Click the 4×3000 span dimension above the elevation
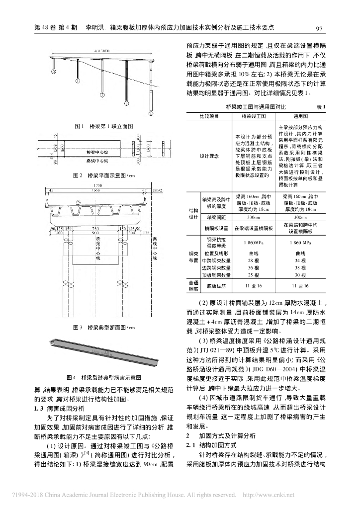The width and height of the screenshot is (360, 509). click(101, 51)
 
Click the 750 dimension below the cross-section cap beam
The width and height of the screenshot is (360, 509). click(95, 228)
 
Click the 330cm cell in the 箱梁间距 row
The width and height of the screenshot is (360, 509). click(254, 217)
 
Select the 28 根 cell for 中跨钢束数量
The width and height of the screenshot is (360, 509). click(254, 260)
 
